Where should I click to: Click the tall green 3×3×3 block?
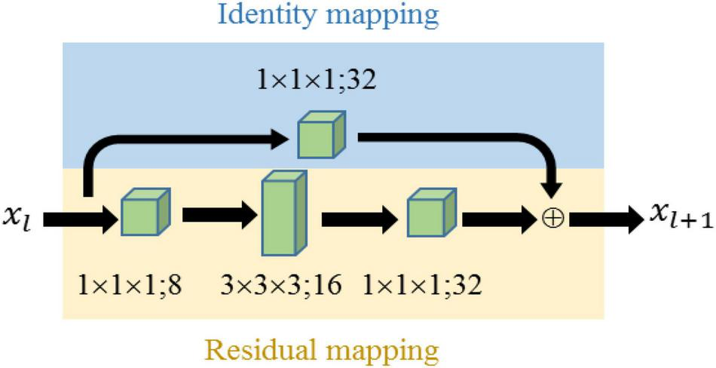pos(285,213)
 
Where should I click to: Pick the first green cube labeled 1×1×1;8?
pos(146,212)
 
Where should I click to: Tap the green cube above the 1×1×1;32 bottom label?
pos(431,213)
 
